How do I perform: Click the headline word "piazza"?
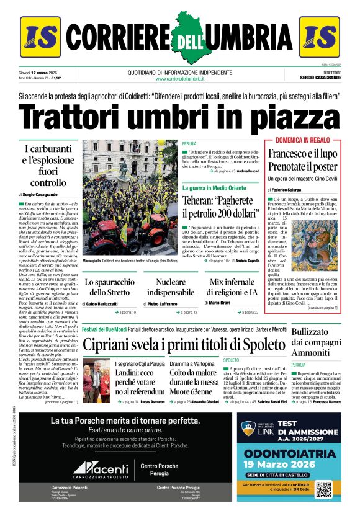286,117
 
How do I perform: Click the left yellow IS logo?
40,37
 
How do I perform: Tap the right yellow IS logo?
319,37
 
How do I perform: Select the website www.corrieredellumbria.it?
180,79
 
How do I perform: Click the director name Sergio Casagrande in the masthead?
319,79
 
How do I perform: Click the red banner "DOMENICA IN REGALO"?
302,140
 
